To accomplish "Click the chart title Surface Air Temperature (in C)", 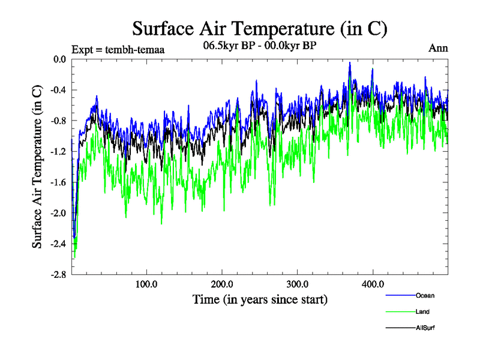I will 259,29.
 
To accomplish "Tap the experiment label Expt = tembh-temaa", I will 118,49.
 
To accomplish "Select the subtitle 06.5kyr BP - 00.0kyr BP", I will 259,46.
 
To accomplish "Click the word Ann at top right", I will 438,49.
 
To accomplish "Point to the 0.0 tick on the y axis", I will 59,59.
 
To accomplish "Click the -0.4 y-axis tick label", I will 58,90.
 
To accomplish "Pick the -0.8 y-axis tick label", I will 58,121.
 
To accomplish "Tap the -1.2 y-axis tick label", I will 58,151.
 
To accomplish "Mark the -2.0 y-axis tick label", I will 58,212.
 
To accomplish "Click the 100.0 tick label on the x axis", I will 146,284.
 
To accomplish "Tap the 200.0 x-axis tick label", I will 222,284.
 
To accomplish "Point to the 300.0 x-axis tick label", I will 298,284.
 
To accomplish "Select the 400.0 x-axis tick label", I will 373,284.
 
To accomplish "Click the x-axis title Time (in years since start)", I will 260,299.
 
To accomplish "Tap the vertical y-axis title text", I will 37,167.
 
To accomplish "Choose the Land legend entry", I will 422,311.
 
